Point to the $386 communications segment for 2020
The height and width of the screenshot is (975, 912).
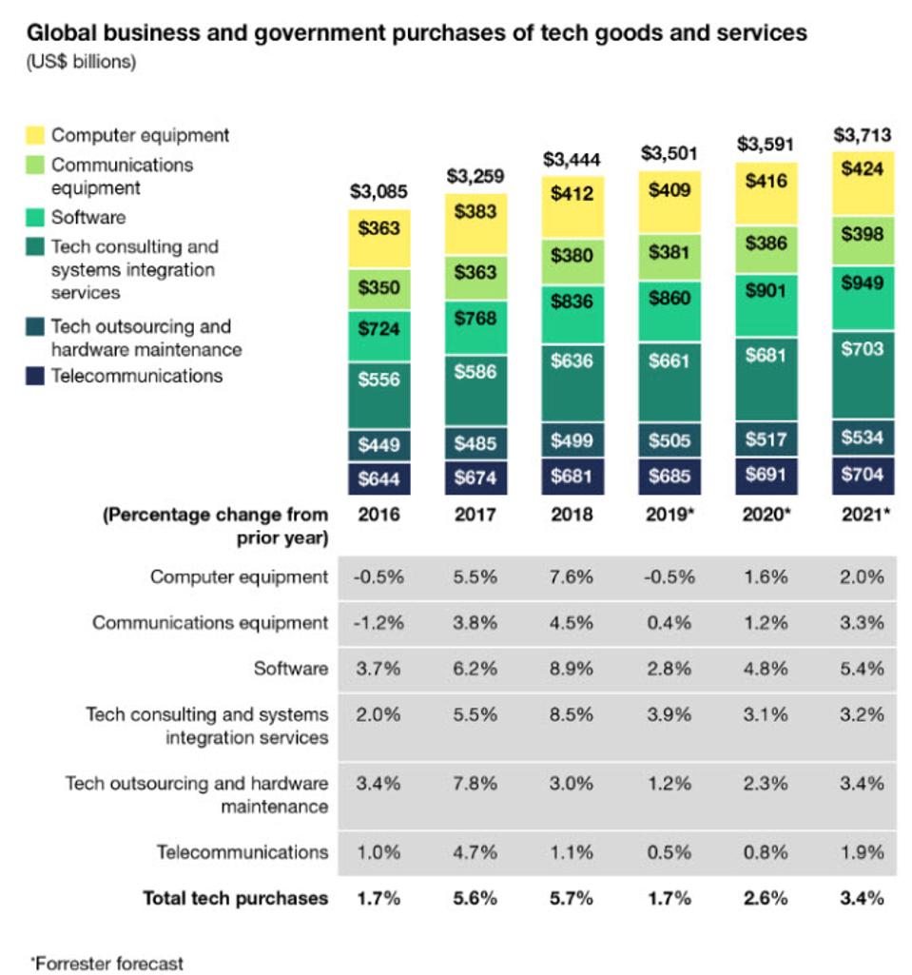tap(766, 243)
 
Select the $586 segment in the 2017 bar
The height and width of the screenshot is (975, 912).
tap(475, 371)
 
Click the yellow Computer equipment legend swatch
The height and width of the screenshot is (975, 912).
tap(35, 135)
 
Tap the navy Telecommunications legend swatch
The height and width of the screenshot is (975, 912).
tap(35, 376)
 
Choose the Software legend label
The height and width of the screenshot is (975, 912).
tap(88, 217)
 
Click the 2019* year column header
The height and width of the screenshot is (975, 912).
tap(669, 515)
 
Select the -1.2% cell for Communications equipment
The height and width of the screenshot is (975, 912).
tap(379, 623)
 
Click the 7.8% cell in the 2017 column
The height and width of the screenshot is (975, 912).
tap(475, 784)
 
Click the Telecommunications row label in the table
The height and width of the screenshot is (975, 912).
tap(242, 851)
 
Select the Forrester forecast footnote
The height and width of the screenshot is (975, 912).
tap(107, 962)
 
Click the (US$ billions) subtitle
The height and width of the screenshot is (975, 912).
tap(81, 63)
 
